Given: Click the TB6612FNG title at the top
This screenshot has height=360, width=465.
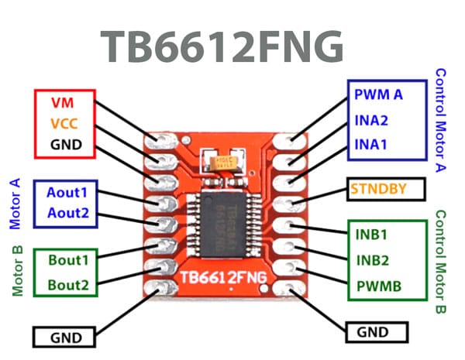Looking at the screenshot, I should coord(222,48).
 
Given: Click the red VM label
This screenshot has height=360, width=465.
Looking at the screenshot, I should coord(64,102).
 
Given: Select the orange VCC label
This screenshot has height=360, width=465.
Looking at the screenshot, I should coord(64,123).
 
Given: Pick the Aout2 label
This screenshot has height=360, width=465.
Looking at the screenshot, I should coord(68,213).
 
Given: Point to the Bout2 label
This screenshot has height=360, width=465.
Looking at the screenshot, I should coord(68,284).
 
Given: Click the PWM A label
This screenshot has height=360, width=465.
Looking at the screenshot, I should coord(378,95).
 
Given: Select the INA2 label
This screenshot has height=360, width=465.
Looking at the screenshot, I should coord(371,120).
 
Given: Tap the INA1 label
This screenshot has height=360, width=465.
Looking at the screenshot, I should coord(371,143).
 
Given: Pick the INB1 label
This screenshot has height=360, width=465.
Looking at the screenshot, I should coord(372,234).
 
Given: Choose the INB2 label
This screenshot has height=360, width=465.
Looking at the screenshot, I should coord(372,259).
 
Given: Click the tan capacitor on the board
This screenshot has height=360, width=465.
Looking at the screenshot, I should coord(222,161).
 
